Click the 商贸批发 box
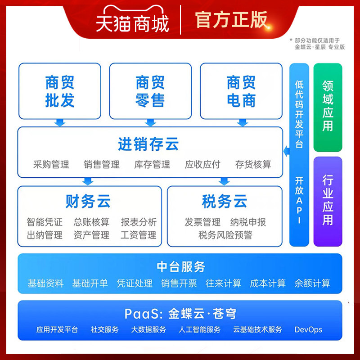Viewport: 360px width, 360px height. (x=59, y=91)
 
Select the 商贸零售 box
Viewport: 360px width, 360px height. (x=150, y=91)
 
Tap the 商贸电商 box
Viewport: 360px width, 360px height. (x=241, y=91)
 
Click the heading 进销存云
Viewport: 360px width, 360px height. (x=148, y=144)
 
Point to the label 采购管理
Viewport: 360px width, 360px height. (x=51, y=164)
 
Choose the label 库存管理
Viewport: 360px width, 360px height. (x=152, y=164)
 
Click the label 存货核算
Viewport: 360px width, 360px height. (x=253, y=164)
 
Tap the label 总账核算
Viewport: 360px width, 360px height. (x=91, y=222)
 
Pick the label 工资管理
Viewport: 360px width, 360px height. (x=138, y=235)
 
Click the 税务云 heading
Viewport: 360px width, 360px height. (x=225, y=202)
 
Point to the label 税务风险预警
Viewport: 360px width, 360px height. (x=225, y=235)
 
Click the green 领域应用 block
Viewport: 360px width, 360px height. (x=328, y=106)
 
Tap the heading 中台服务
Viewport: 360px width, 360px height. (x=181, y=267)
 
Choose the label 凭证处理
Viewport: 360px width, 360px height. (x=135, y=283)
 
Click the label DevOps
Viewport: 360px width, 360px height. (x=308, y=330)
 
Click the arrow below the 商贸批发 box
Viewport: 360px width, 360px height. (x=59, y=122)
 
